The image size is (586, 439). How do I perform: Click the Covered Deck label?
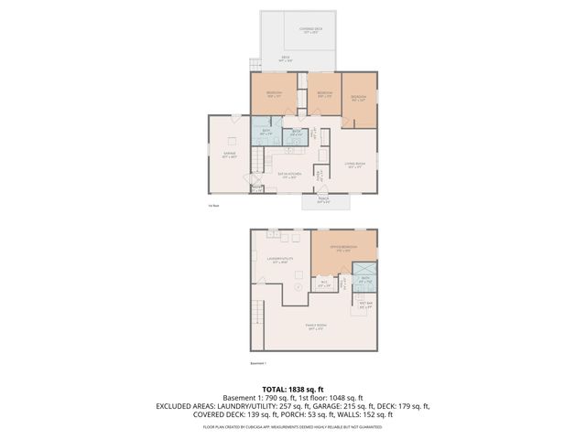[x=311, y=30]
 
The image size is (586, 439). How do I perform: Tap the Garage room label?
[x=229, y=155]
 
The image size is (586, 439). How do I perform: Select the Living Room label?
[x=356, y=165]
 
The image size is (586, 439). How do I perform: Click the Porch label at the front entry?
[x=323, y=201]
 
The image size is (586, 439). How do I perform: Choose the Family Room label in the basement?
[x=317, y=327]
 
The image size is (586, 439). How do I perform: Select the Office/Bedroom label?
[x=343, y=248]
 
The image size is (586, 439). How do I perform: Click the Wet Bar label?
[x=365, y=306]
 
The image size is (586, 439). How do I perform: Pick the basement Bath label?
[x=365, y=281]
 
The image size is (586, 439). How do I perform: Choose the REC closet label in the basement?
[x=324, y=284]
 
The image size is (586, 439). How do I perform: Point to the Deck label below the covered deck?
[x=287, y=59]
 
